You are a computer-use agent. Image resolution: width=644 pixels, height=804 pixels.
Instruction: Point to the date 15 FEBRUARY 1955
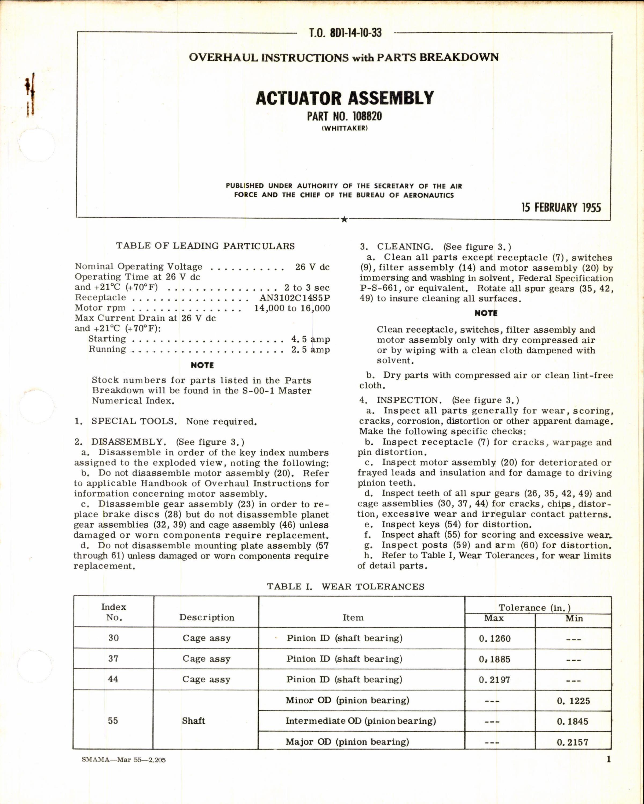tap(561, 208)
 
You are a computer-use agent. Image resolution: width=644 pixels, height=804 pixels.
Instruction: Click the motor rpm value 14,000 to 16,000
tap(292, 308)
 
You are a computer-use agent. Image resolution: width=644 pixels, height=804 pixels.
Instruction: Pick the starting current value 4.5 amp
tap(310, 339)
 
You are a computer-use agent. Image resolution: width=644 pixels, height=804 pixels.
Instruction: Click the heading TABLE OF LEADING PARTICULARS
tap(205, 246)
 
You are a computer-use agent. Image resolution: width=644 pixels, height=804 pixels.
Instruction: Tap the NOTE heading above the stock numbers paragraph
tap(202, 365)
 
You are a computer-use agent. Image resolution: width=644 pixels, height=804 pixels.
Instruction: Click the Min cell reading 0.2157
tap(572, 742)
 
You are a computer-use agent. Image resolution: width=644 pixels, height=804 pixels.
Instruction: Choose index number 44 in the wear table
tap(113, 679)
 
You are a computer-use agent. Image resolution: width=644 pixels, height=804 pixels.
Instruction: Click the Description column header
tap(206, 617)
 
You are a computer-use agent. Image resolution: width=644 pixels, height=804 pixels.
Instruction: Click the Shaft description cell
tap(193, 721)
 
